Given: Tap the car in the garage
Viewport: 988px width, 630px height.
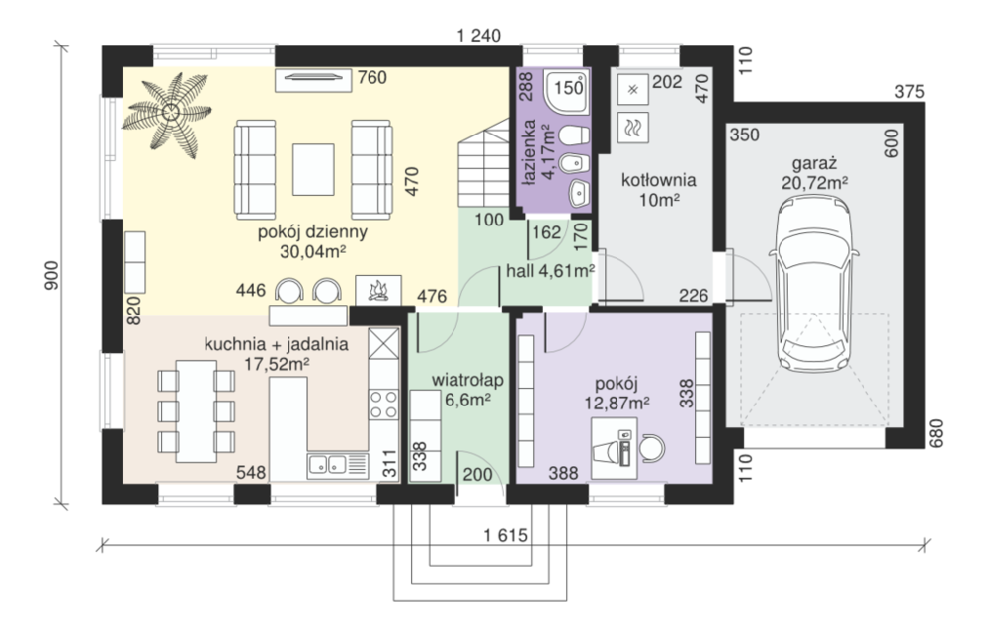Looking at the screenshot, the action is tap(813, 283).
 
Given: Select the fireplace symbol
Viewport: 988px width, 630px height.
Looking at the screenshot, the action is tap(378, 290).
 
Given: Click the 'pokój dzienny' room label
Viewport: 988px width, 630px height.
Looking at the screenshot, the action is tap(312, 232).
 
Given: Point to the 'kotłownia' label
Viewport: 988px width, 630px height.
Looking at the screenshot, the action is tap(658, 180).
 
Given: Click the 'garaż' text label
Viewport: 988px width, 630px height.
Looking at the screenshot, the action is tap(814, 164).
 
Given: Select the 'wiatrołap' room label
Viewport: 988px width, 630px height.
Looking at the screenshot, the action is tap(467, 380).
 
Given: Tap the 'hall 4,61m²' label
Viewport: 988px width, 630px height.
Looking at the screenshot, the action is tap(550, 271).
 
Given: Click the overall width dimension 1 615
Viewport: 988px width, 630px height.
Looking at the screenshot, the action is tap(505, 535).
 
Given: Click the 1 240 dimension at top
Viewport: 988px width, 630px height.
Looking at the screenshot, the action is tap(479, 36).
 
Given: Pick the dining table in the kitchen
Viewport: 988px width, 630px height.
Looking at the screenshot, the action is tap(196, 410).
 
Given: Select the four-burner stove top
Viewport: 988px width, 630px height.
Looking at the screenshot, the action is tap(383, 405).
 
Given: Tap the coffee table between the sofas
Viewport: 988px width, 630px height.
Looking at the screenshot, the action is tap(313, 170).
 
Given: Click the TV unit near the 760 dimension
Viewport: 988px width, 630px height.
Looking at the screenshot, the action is tap(312, 79).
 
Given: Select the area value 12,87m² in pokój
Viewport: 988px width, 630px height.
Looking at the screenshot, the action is tap(617, 403).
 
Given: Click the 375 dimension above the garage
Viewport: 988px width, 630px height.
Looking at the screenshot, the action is tap(909, 92).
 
